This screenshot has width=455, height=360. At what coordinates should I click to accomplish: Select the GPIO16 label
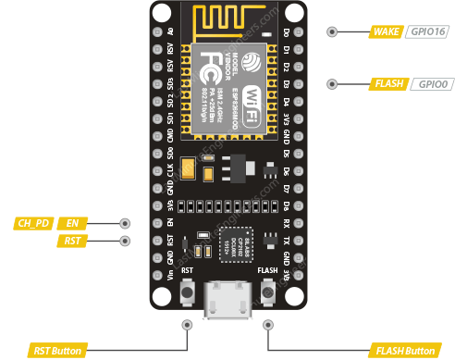pyautogui.click(x=426, y=31)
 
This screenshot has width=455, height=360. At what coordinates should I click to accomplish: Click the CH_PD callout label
pyautogui.click(x=33, y=223)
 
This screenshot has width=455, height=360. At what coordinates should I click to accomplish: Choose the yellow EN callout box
pyautogui.click(x=72, y=223)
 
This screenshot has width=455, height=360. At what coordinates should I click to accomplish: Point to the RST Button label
pyautogui.click(x=57, y=351)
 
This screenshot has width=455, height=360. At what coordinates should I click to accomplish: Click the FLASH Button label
pyautogui.click(x=403, y=351)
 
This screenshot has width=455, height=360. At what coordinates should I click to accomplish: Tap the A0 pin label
pyautogui.click(x=169, y=31)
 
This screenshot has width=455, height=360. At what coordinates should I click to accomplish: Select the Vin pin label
pyautogui.click(x=169, y=275)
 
